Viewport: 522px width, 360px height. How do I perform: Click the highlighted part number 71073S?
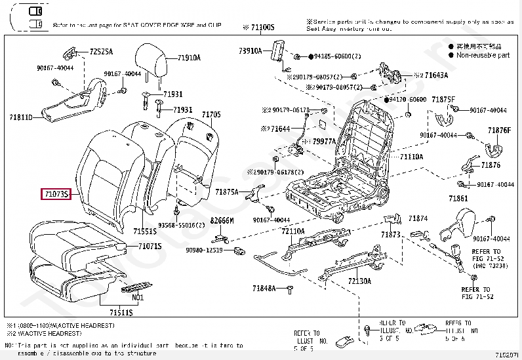(60, 194)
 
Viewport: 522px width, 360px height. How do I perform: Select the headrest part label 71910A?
(189, 58)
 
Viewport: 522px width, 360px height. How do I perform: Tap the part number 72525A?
(101, 51)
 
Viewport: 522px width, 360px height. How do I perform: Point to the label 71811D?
(21, 117)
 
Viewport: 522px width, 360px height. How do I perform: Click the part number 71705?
(211, 115)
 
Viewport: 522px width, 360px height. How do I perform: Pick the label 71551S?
(144, 231)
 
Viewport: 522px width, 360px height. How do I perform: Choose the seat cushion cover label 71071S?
(150, 246)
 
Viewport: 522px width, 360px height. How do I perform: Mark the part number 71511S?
(121, 313)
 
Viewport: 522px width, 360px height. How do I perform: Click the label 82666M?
(222, 221)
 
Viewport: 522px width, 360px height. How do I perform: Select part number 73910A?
(250, 50)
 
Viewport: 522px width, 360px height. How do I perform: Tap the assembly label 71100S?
(262, 28)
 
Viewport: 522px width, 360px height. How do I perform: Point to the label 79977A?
(324, 141)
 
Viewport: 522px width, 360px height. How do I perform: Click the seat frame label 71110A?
(412, 157)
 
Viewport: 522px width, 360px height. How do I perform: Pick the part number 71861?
(458, 198)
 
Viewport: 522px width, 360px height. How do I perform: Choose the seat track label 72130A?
(359, 281)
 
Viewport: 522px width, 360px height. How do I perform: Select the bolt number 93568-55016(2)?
(182, 225)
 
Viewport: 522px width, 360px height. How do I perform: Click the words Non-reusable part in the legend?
(483, 56)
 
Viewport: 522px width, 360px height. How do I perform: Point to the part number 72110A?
(293, 231)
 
